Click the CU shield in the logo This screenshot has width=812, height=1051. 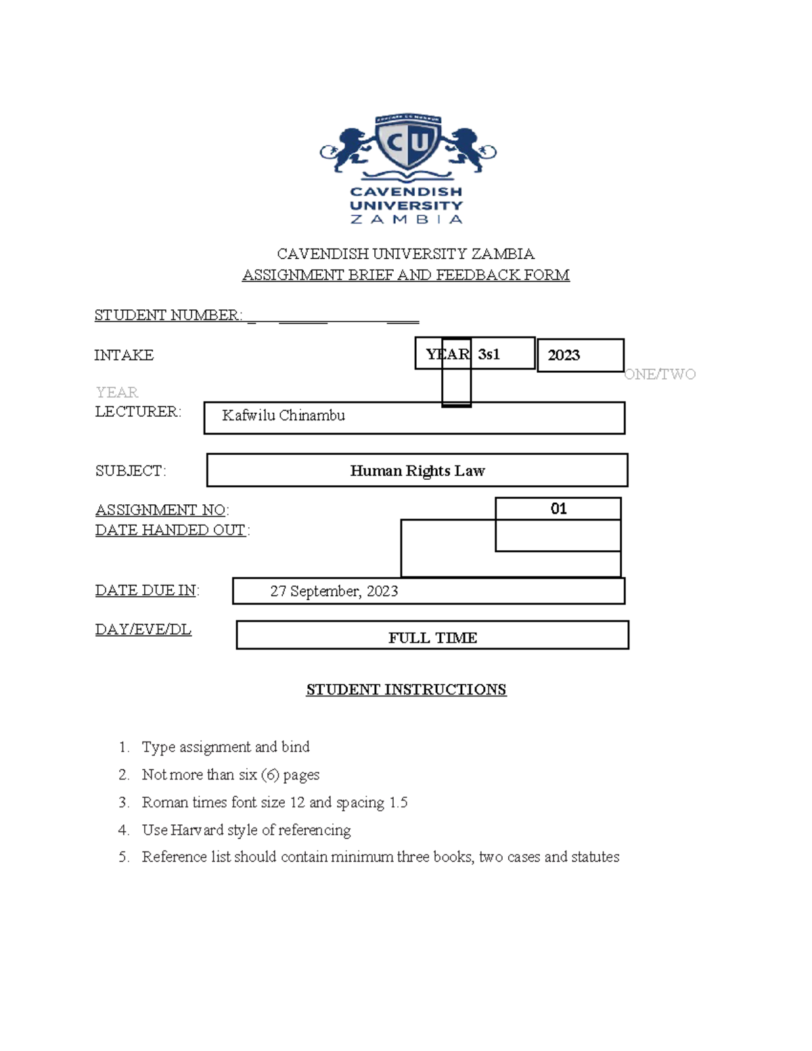tap(407, 144)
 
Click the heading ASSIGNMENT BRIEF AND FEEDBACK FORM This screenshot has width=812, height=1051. tap(405, 275)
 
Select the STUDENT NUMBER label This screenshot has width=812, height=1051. tap(168, 315)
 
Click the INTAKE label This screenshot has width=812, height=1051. tap(124, 355)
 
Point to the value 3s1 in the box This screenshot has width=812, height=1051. tap(489, 355)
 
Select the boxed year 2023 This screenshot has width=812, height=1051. tap(564, 355)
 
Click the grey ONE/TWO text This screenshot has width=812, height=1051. tap(660, 374)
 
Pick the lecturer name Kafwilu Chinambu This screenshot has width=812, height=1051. tap(284, 416)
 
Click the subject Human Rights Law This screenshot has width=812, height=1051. tap(417, 471)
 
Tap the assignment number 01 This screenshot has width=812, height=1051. tap(558, 509)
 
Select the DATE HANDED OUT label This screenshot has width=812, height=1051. tap(171, 530)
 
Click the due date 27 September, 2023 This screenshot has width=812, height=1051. tap(334, 591)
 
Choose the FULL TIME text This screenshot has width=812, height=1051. tap(432, 638)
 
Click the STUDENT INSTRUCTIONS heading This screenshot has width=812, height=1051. tap(406, 690)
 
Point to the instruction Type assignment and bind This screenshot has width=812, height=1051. tap(225, 747)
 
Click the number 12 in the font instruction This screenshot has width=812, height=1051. tap(297, 803)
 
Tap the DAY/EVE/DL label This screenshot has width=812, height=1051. tap(143, 629)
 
